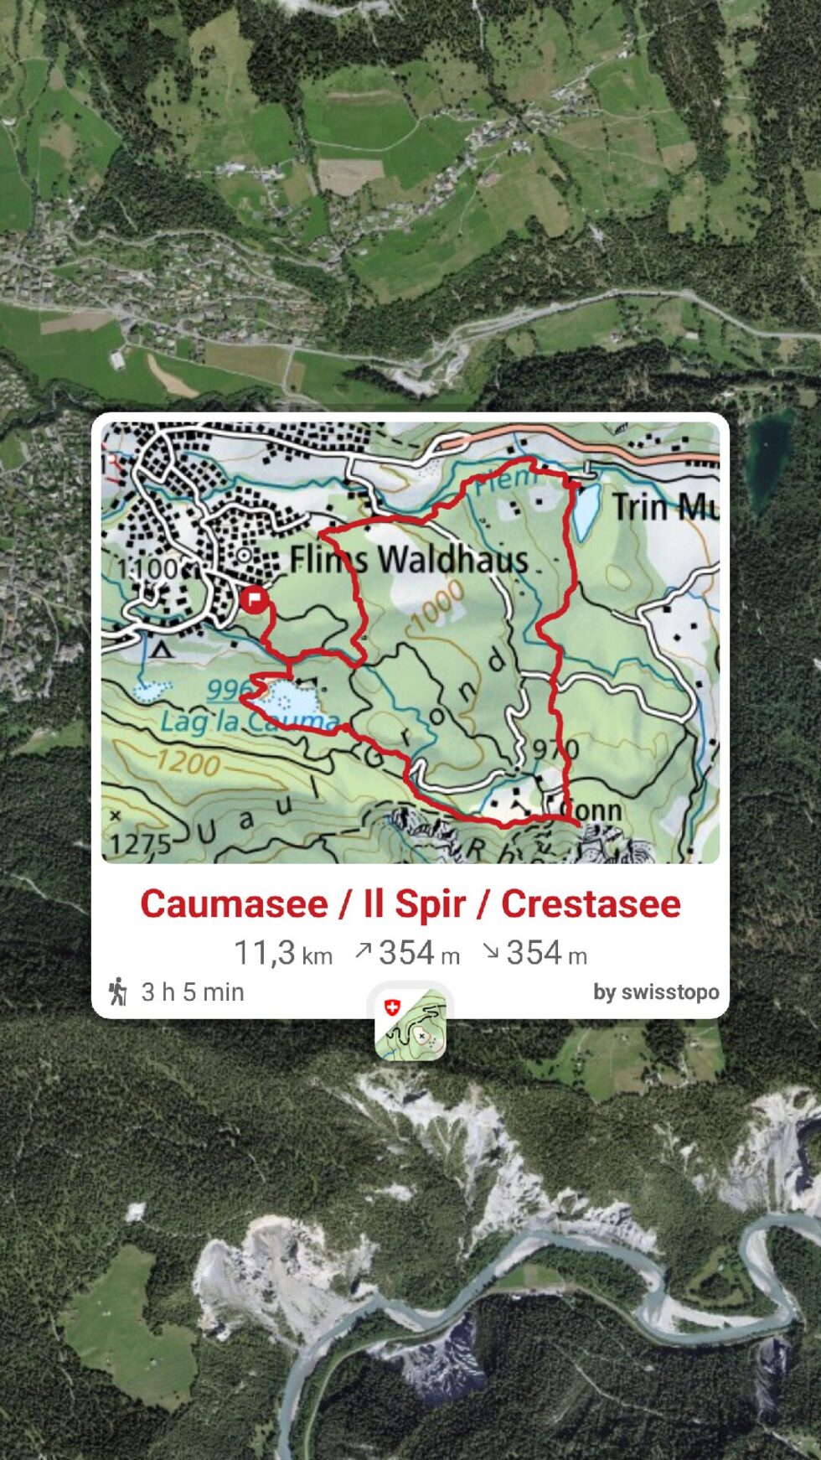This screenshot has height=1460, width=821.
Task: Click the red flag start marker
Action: click(x=253, y=600)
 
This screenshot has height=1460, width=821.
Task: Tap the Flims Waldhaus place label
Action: click(x=409, y=559)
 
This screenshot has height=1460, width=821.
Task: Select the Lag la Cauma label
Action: click(x=249, y=721)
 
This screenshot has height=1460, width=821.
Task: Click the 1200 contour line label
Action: click(x=188, y=762)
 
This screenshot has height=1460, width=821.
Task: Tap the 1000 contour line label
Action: click(x=437, y=604)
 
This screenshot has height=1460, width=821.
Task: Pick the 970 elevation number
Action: click(x=555, y=748)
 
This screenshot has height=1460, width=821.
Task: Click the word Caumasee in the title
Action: click(x=234, y=904)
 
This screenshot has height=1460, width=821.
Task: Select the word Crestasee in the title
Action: click(x=591, y=904)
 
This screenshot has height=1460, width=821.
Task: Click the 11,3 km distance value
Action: click(x=282, y=954)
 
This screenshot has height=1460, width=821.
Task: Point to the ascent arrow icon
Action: click(x=363, y=951)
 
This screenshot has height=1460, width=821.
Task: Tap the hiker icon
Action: click(x=118, y=991)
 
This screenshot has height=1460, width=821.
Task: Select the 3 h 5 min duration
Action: click(x=192, y=992)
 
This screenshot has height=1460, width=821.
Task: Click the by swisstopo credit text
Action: click(x=656, y=992)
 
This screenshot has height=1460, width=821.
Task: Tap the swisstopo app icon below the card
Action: click(x=410, y=1023)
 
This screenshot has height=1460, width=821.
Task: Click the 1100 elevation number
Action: click(x=147, y=569)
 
